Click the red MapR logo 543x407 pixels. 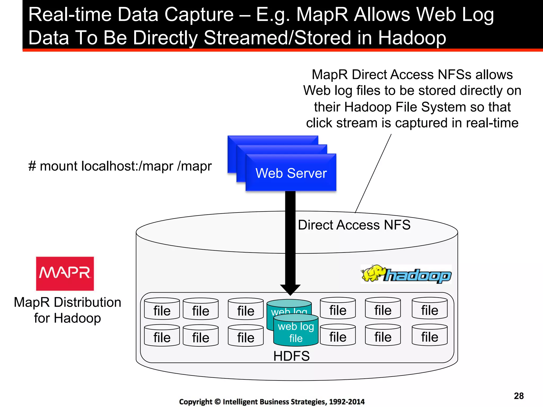(65, 273)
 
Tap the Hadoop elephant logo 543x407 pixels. (406, 275)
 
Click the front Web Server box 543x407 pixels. (291, 173)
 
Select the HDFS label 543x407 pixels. (291, 356)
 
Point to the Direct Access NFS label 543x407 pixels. (354, 225)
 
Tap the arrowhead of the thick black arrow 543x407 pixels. (290, 289)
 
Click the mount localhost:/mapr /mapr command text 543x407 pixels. (120, 166)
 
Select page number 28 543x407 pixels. (519, 396)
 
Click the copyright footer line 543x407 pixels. (272, 402)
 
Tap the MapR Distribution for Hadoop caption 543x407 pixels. (67, 310)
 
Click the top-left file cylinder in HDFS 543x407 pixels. (162, 309)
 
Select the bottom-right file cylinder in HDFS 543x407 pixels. (430, 336)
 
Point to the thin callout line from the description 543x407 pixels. (373, 174)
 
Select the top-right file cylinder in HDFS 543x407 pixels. (430, 309)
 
